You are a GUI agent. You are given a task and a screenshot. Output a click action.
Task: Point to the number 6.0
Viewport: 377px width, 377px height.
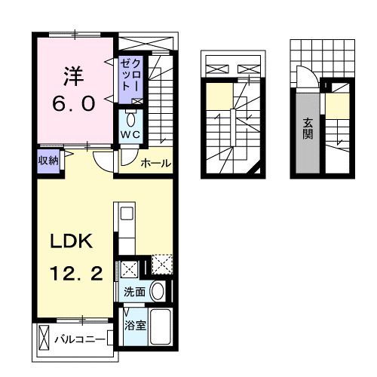click(73, 103)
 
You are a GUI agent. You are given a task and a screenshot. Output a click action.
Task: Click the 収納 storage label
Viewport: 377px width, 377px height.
click(48, 160)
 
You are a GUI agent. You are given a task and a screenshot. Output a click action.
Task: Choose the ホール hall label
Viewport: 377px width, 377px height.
click(155, 163)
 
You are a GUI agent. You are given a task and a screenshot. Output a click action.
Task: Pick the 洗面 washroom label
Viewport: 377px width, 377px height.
click(135, 291)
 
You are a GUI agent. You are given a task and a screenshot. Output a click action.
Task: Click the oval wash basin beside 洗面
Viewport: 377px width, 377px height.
click(157, 291)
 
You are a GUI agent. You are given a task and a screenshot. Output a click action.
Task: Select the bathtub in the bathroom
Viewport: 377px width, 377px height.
click(160, 325)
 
